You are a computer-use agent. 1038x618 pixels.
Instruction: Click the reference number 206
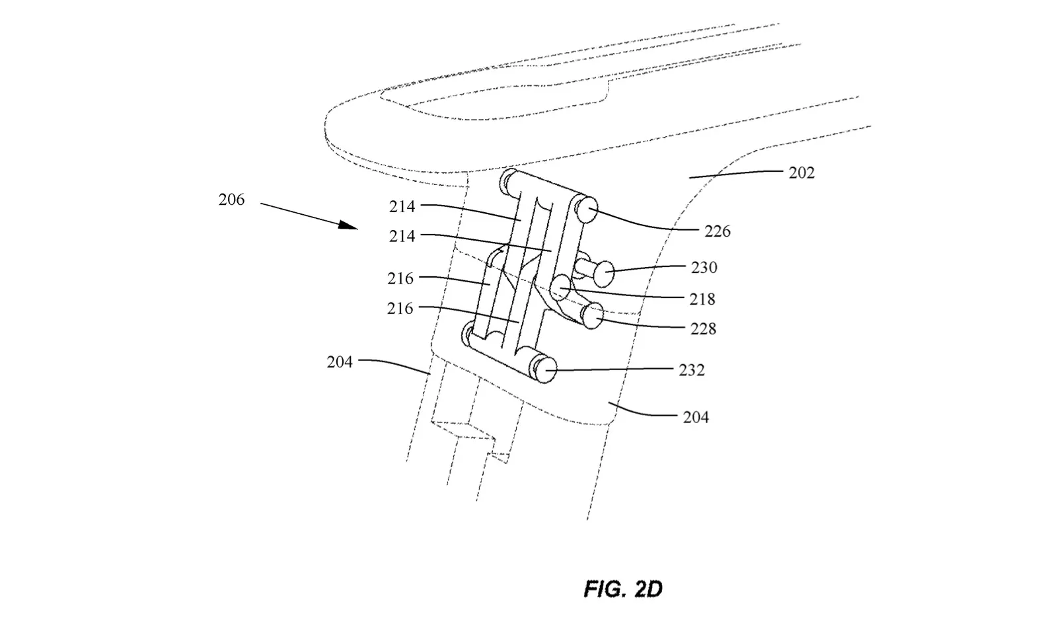tap(231, 200)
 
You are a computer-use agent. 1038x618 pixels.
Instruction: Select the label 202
tap(801, 173)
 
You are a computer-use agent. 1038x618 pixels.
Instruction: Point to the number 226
tap(718, 231)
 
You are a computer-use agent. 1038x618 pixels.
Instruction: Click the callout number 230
tap(704, 268)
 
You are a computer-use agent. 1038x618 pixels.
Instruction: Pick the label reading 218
tap(702, 299)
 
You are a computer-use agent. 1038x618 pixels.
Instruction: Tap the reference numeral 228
tap(704, 329)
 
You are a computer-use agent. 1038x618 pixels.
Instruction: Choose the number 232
tap(692, 370)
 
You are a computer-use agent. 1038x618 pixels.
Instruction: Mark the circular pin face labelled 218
tap(562, 288)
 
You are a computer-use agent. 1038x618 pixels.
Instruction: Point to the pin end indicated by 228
tap(593, 316)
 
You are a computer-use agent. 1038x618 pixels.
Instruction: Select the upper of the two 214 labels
tap(402, 207)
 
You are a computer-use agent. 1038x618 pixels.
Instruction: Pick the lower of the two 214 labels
tap(402, 237)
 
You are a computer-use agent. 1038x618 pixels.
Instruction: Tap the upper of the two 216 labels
tap(400, 279)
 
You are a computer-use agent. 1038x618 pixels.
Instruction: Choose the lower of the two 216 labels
tap(400, 308)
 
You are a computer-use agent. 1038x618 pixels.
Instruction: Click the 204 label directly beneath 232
tap(696, 417)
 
